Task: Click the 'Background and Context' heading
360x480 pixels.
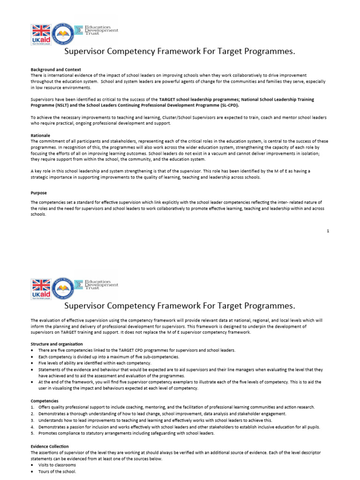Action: [56, 70]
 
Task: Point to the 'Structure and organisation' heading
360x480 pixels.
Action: [57, 345]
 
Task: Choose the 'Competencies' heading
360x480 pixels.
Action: [45, 401]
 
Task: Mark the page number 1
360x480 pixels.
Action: [328, 231]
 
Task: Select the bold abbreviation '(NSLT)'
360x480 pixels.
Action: [67, 105]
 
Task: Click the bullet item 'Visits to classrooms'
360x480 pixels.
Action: [57, 465]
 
